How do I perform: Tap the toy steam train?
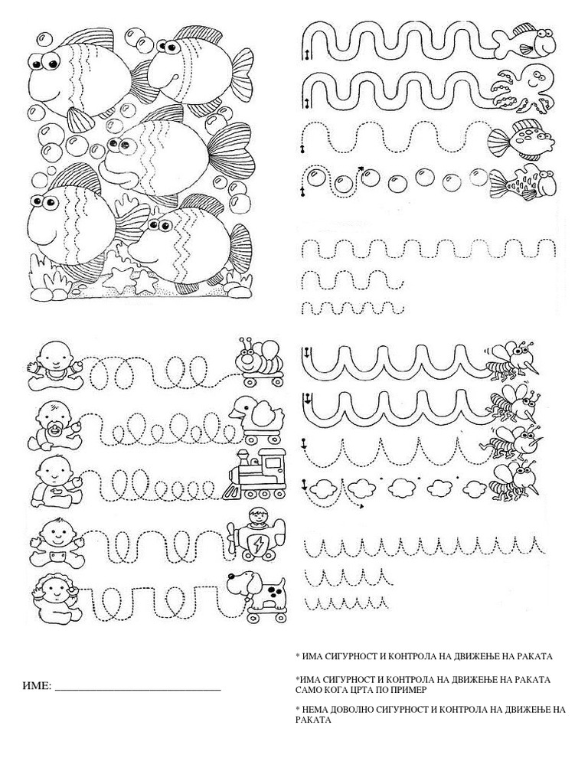pyautogui.click(x=254, y=474)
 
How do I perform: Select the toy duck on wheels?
pyautogui.click(x=256, y=420)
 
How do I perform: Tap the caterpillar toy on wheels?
pyautogui.click(x=260, y=361)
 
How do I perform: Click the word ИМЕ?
pyautogui.click(x=37, y=685)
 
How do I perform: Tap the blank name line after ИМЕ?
pyautogui.click(x=138, y=690)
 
